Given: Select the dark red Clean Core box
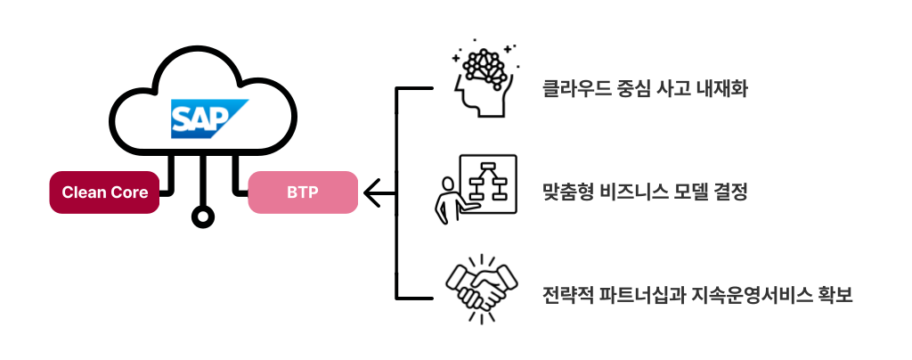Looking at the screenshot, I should [104, 192].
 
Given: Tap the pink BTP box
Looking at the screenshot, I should [302, 192].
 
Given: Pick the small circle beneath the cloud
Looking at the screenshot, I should [204, 217].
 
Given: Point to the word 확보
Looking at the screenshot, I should [836, 294].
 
